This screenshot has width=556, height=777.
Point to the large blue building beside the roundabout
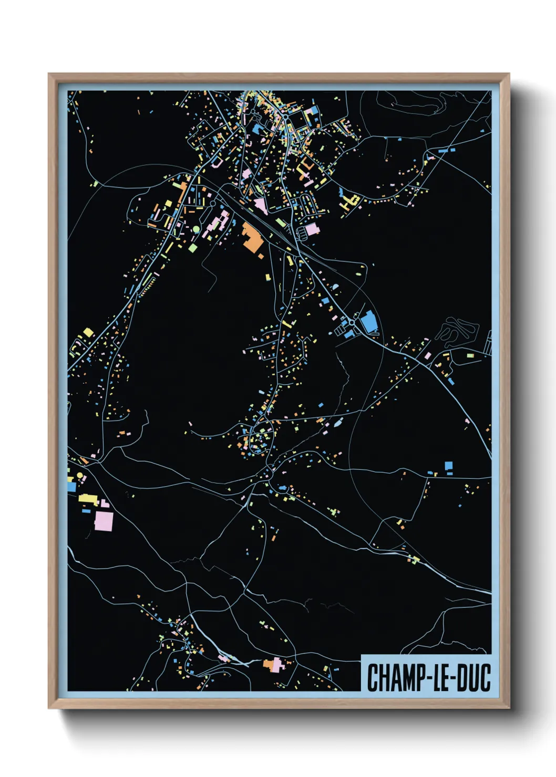(x=369, y=321)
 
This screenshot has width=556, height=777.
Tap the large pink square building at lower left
(x=104, y=521)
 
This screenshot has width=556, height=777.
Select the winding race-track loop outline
(x=457, y=332)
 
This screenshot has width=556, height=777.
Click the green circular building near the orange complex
(x=196, y=229)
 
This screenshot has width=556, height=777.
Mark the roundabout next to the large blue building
(x=351, y=322)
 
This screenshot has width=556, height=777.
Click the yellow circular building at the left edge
(x=80, y=475)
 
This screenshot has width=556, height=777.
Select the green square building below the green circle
(x=193, y=247)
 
